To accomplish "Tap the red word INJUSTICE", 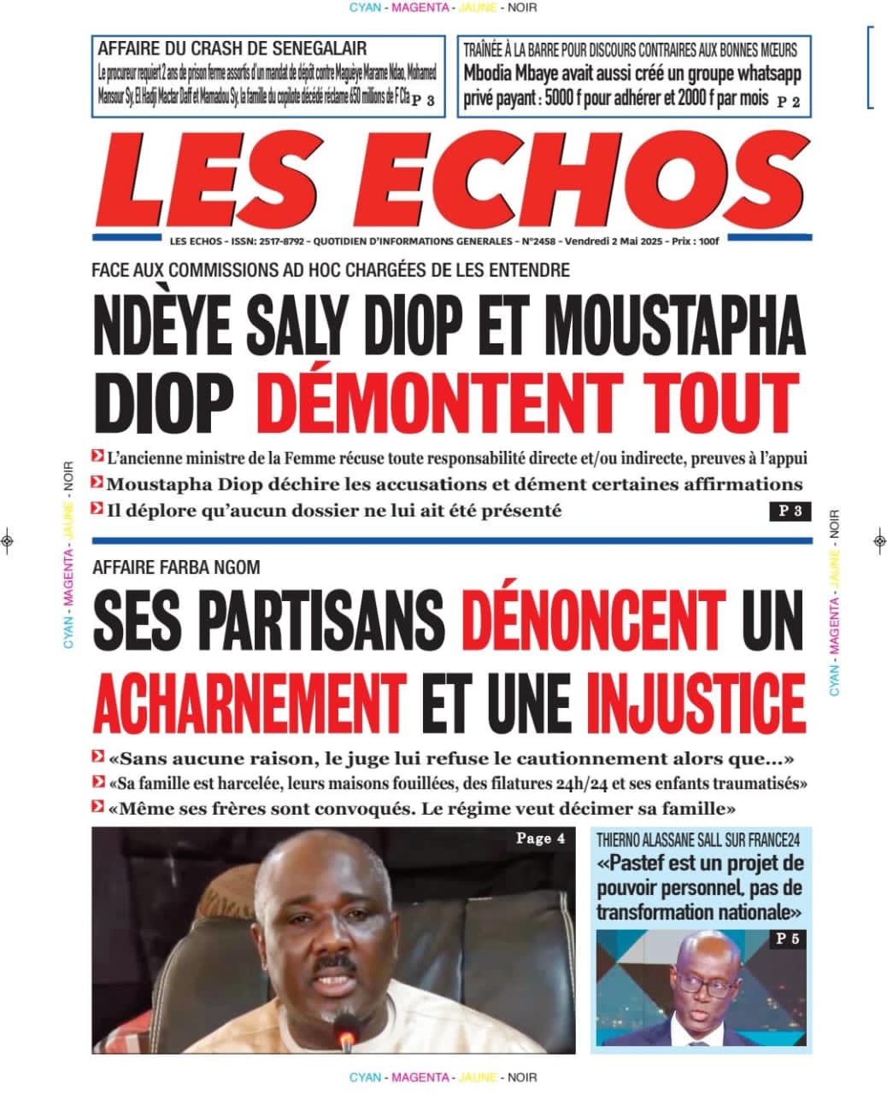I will point(696,701).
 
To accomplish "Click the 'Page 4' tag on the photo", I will point(540,839).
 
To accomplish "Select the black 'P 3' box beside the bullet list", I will point(788,512).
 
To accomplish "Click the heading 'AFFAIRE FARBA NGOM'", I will point(175,567).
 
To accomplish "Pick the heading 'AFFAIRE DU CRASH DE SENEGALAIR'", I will point(232,49).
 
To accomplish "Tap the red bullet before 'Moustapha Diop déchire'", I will point(97,484).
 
